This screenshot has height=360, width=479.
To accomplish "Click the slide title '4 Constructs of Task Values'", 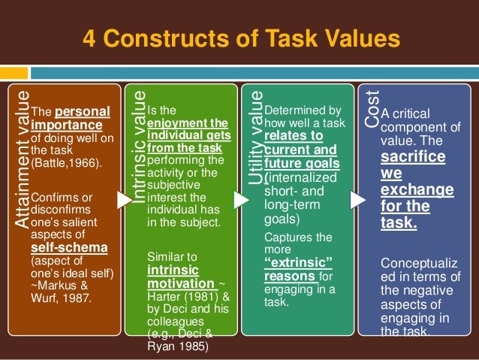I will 239,38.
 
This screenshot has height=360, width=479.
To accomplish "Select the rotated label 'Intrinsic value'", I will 138,147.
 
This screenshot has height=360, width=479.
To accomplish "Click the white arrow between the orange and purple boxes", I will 123,200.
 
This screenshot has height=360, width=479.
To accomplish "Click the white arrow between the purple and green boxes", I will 241,200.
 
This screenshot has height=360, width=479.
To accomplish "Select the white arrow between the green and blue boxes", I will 359,200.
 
